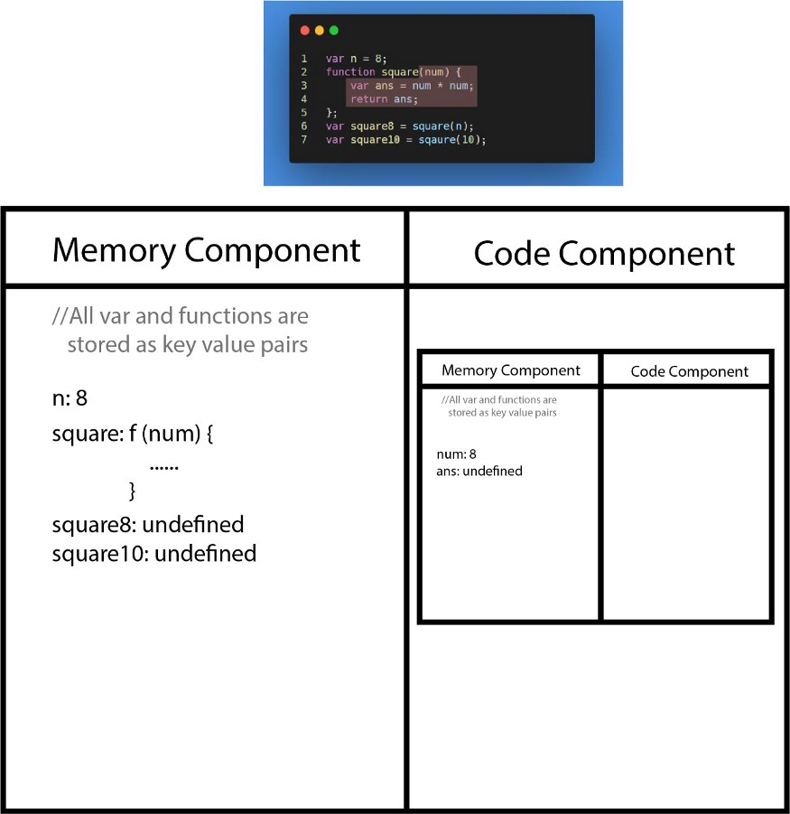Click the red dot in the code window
click(305, 31)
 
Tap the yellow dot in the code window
click(320, 31)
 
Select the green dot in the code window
click(334, 31)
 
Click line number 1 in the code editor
click(304, 59)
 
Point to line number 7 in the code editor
click(304, 140)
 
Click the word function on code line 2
click(350, 71)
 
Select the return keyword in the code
click(368, 99)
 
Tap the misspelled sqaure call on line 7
click(437, 140)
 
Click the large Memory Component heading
click(207, 251)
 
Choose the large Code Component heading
click(604, 254)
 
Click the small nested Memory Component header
click(511, 370)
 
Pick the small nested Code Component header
click(690, 371)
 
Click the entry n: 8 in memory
click(70, 398)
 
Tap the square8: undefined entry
click(148, 525)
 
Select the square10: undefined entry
click(154, 554)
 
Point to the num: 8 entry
click(457, 454)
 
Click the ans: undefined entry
click(479, 471)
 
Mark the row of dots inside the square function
click(164, 468)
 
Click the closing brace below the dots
click(133, 491)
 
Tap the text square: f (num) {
click(133, 434)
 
